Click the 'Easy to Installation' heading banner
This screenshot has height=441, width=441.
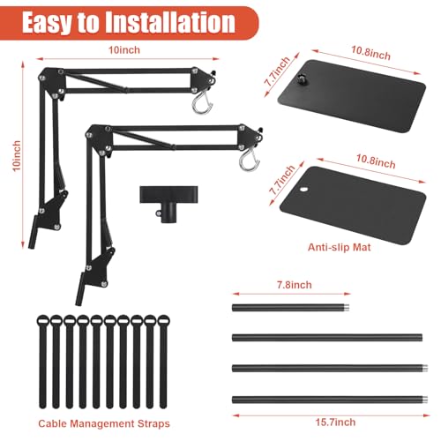coord(129,23)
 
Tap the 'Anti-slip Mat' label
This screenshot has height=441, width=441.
coord(340,247)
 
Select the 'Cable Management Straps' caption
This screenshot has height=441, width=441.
coord(104,423)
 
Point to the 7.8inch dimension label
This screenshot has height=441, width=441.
coord(295,285)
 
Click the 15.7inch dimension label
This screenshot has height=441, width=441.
coord(335,422)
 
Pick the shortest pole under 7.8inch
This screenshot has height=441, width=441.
coord(291,308)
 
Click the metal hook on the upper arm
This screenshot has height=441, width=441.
coord(202,103)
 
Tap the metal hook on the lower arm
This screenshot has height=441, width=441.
coord(250,161)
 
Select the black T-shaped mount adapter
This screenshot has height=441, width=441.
coord(168,204)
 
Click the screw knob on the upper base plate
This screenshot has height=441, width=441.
coord(301,78)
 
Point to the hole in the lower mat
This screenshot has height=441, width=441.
coord(303,189)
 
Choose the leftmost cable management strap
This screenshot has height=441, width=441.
coord(43,362)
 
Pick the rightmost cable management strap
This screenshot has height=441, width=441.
coord(163,362)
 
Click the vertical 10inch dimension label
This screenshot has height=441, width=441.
coord(17,156)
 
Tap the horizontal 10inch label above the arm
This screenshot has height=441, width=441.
coord(124,50)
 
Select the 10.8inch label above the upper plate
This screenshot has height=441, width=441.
coord(371,53)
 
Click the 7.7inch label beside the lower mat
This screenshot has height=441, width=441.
coord(282,180)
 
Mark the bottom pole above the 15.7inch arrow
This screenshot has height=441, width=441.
coord(330,400)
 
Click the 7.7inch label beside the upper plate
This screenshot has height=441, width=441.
coord(278,71)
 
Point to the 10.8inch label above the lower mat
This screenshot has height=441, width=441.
coord(376,161)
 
